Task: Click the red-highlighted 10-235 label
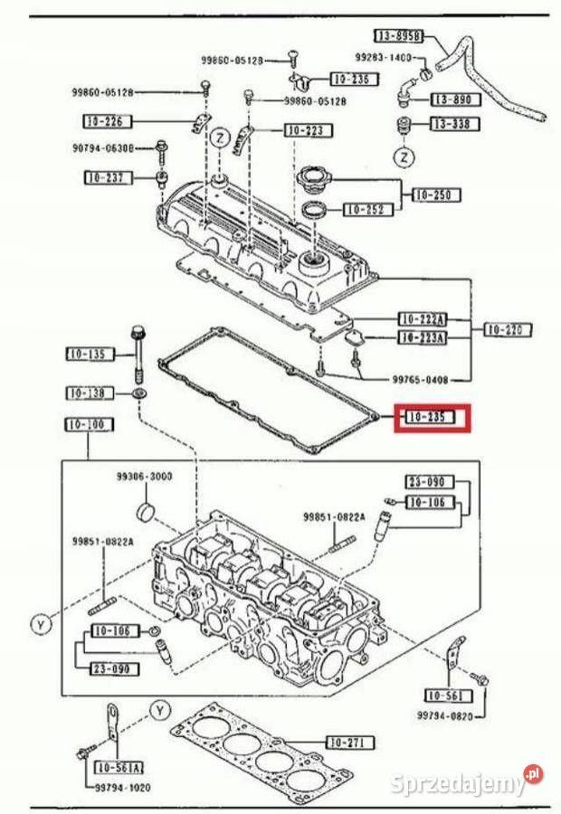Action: tap(433, 418)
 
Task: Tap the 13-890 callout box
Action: tap(454, 99)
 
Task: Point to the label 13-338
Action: tap(454, 124)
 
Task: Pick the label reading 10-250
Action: tap(436, 194)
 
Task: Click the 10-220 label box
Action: tap(506, 330)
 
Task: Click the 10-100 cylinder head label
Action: tap(89, 424)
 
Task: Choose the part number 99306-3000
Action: tap(144, 477)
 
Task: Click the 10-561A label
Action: tap(117, 768)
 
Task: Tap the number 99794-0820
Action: tap(446, 715)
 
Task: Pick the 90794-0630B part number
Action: tap(103, 147)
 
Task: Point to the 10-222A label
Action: tap(423, 319)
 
